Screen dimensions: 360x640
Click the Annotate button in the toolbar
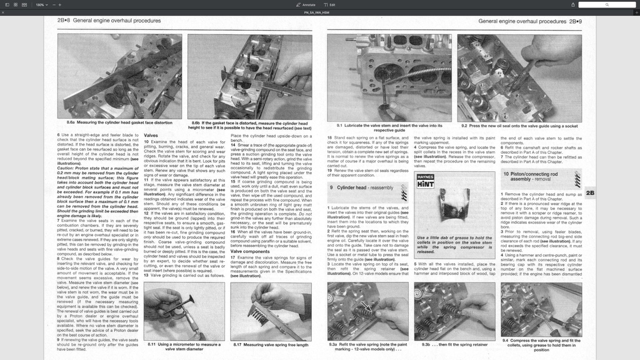(x=306, y=4)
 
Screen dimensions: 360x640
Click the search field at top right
(x=606, y=4)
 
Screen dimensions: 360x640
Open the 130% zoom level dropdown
(x=41, y=4)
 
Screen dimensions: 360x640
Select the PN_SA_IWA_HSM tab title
(x=317, y=12)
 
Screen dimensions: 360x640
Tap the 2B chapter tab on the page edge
(x=589, y=193)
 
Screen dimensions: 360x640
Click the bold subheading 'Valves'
(x=151, y=135)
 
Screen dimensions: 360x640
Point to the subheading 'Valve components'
(x=251, y=251)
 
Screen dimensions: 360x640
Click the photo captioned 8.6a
(x=119, y=76)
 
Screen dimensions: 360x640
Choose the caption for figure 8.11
(x=184, y=347)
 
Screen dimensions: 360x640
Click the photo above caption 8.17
(x=271, y=311)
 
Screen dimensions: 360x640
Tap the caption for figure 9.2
(x=519, y=126)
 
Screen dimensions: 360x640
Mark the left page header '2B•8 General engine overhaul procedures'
(x=109, y=21)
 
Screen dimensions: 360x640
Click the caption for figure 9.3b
(x=454, y=344)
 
